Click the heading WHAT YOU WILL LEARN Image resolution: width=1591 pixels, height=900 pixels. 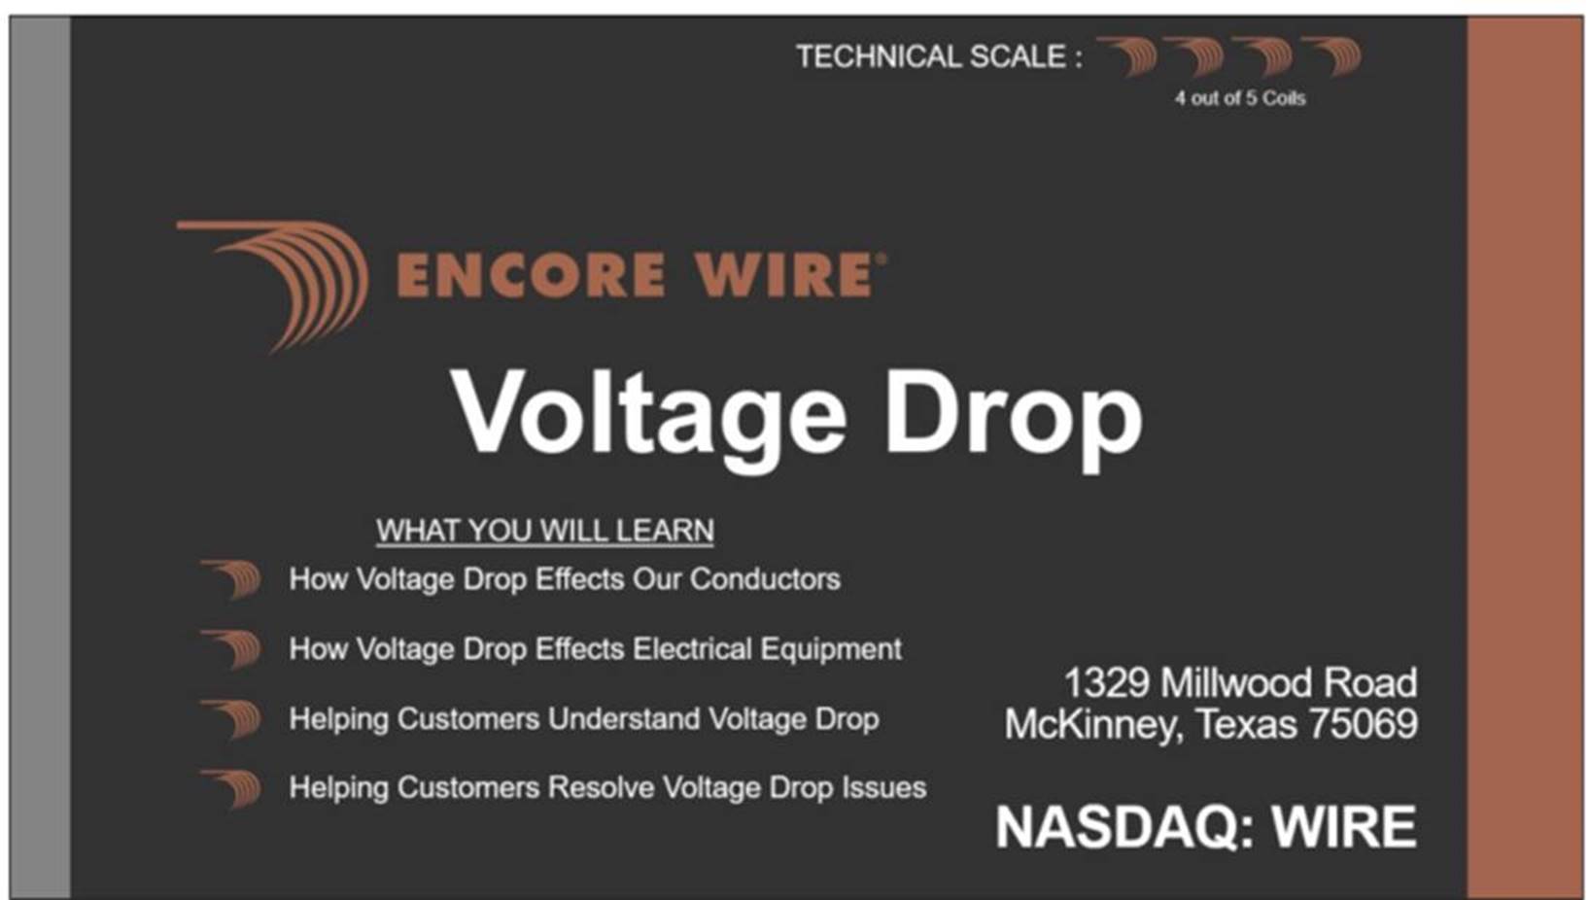(x=545, y=531)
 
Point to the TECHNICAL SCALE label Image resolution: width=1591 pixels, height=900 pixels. (x=939, y=56)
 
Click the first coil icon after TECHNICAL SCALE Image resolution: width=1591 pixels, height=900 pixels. (x=1129, y=56)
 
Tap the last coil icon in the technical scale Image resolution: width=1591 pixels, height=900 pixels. (x=1333, y=56)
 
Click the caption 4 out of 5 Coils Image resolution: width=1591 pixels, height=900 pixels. (x=1240, y=98)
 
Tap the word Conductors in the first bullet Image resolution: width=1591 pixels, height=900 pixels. (x=765, y=579)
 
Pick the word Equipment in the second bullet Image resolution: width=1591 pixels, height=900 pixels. (x=831, y=649)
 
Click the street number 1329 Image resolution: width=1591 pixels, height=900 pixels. (x=1106, y=682)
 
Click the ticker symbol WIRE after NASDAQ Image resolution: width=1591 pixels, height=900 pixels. (x=1344, y=827)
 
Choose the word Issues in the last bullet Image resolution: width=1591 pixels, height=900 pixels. (x=884, y=788)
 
